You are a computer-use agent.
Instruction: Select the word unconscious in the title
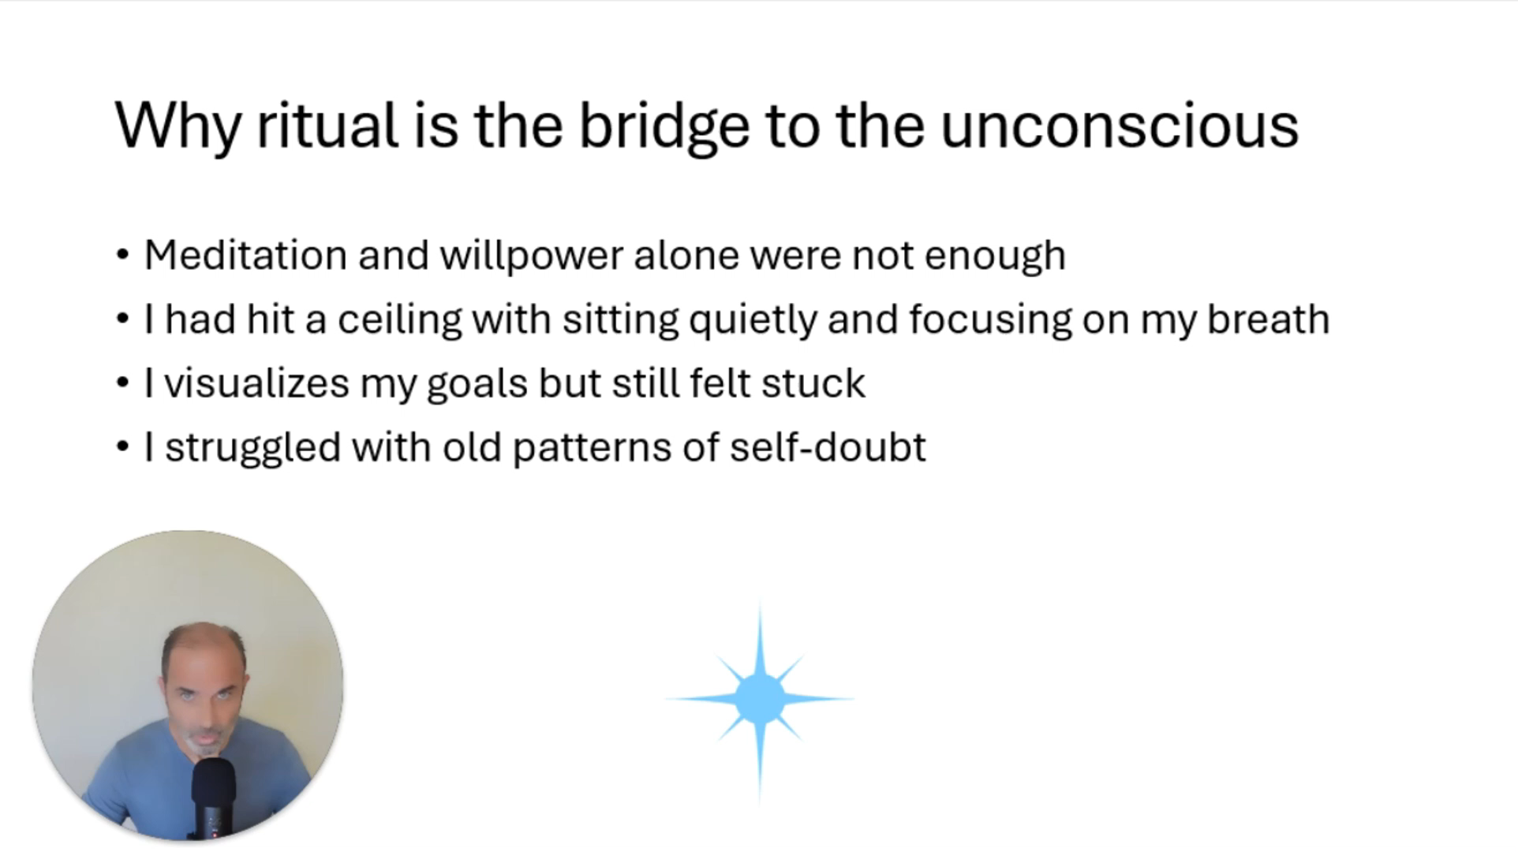(x=1120, y=126)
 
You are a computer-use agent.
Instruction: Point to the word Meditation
(x=245, y=255)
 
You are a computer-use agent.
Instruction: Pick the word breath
(x=1268, y=319)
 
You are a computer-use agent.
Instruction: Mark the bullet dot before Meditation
(x=122, y=256)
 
